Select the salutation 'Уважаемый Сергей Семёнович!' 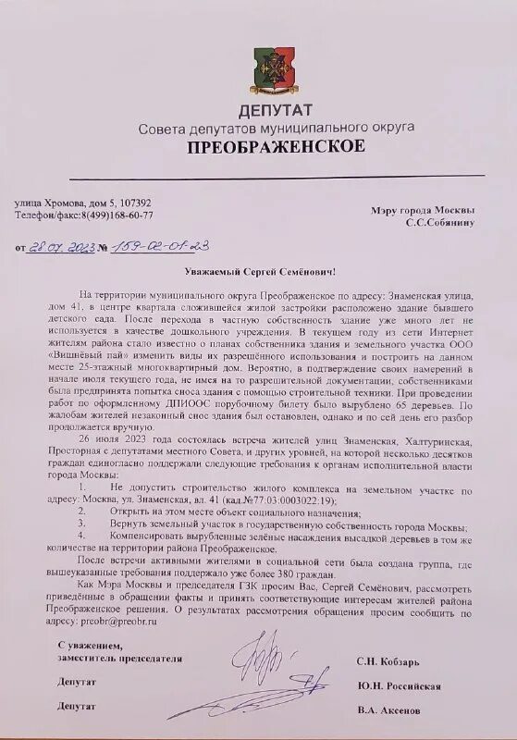258,273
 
